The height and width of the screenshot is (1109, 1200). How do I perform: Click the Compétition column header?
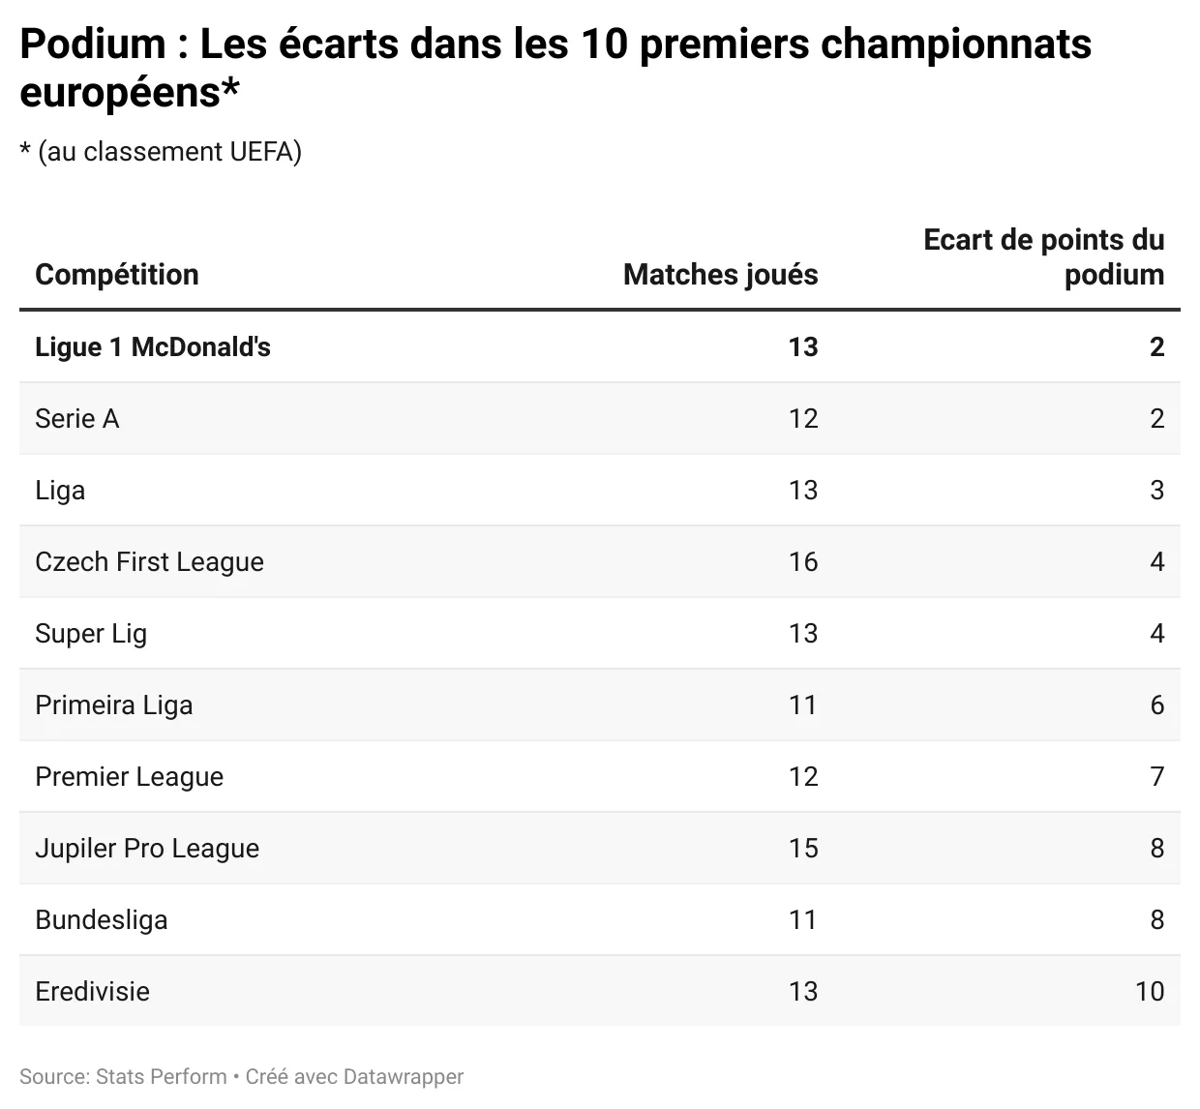click(116, 275)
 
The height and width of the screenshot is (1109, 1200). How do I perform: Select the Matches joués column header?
click(720, 275)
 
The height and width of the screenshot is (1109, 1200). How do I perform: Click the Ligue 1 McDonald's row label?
click(153, 347)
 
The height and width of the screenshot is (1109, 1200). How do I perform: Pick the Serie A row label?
click(77, 419)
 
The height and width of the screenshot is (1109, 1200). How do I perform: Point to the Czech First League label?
click(149, 562)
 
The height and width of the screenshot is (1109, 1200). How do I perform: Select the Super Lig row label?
click(91, 634)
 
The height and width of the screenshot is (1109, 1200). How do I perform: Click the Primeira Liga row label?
click(114, 705)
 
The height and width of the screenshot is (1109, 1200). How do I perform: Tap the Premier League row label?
click(129, 777)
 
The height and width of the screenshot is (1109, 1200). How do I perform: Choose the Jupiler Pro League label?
click(147, 849)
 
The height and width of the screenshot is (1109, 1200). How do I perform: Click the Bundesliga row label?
click(102, 920)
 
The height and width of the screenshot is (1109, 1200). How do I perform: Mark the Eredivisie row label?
click(92, 992)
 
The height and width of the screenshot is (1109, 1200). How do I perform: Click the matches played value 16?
click(802, 562)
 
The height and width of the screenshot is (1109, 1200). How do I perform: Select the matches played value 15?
click(802, 849)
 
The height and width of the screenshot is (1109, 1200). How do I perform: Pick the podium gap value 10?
click(1149, 992)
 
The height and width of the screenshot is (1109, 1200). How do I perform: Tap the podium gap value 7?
click(1156, 777)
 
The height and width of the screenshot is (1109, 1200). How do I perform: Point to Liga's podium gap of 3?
click(1156, 491)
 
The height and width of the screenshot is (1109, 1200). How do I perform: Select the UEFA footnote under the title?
click(161, 152)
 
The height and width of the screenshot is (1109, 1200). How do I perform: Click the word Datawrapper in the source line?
click(405, 1077)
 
